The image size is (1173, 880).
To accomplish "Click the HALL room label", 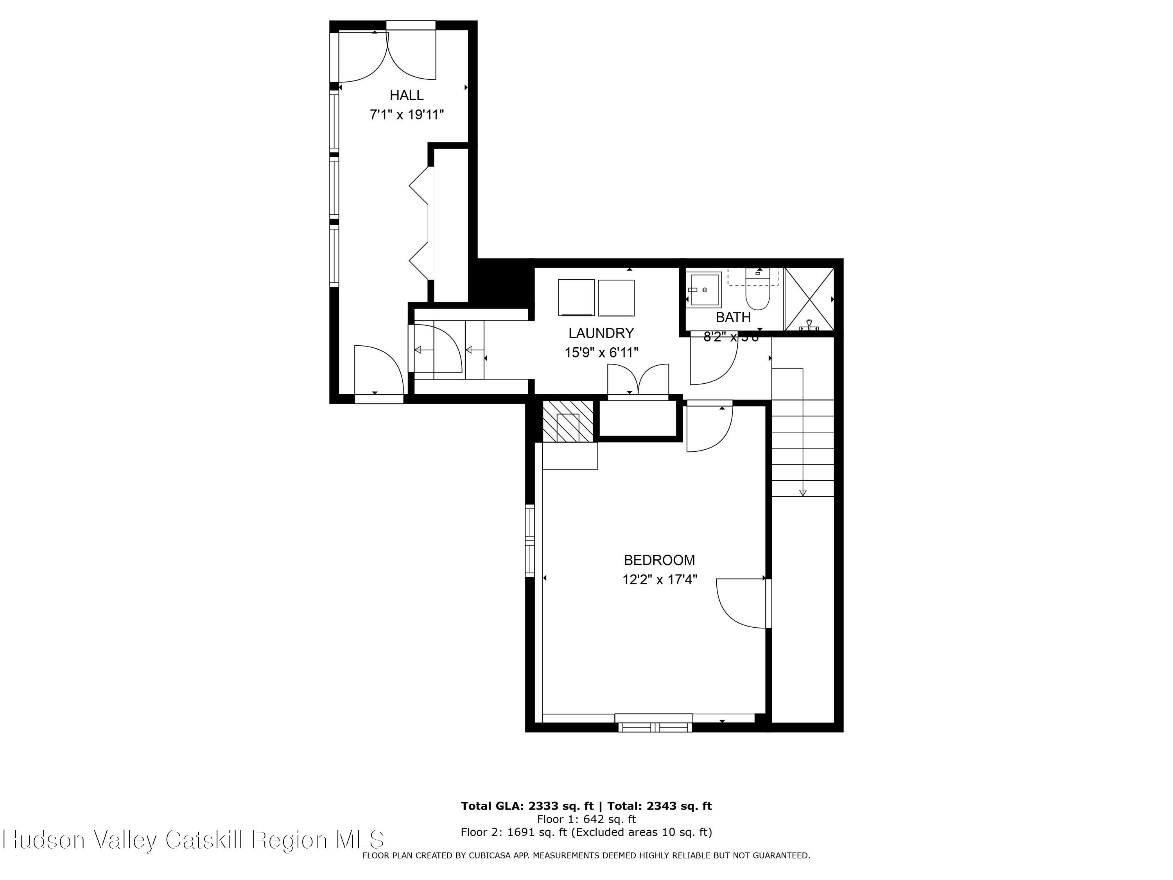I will [407, 95].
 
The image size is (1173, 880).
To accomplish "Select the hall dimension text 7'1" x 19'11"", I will [407, 115].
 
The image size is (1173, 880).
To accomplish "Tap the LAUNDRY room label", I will [601, 333].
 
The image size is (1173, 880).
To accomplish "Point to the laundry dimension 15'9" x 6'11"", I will [601, 353].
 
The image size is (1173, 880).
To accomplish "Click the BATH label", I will [733, 317].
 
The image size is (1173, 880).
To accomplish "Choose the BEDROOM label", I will [659, 560].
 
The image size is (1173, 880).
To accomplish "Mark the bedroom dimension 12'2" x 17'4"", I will [659, 580].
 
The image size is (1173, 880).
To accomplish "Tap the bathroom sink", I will [704, 289].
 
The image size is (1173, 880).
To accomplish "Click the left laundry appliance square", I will [576, 298].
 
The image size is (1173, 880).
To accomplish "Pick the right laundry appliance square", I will [616, 298].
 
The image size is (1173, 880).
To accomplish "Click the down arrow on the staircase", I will [802, 492].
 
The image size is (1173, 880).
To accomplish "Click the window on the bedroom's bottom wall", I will [655, 727].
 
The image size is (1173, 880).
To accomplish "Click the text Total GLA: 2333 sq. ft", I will [527, 806].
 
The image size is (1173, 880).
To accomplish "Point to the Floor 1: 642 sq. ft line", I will [586, 819].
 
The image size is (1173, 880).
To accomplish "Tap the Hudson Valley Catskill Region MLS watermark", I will [193, 840].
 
